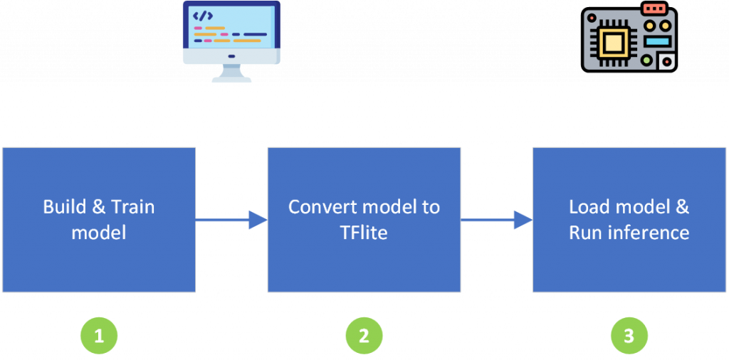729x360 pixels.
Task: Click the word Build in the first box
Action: (x=63, y=207)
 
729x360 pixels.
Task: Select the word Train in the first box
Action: (x=133, y=207)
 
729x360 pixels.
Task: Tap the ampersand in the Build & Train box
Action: (x=98, y=207)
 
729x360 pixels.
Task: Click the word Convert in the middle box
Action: (x=321, y=207)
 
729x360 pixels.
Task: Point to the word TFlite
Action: (x=364, y=233)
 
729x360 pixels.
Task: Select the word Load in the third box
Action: (x=589, y=207)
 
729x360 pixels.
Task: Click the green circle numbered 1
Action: (x=99, y=335)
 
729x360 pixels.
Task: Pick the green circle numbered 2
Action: (x=364, y=335)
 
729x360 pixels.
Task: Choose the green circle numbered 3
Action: (x=629, y=335)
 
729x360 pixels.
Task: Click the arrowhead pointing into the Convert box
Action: (x=258, y=221)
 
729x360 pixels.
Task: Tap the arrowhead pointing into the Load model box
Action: (x=523, y=221)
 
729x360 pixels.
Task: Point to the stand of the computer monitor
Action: (x=231, y=73)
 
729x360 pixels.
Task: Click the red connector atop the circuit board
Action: (x=654, y=9)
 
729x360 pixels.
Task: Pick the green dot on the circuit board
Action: (x=646, y=60)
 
